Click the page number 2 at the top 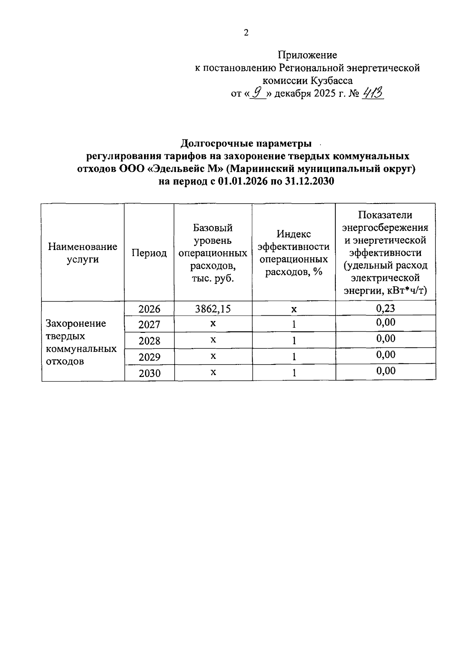click(246, 33)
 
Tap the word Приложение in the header click(307, 55)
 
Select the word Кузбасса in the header click(332, 81)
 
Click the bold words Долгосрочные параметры click(246, 144)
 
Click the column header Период click(149, 253)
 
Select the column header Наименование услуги click(82, 253)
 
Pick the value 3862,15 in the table click(213, 309)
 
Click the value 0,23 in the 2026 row click(385, 309)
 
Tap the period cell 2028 click(149, 341)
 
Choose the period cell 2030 click(149, 373)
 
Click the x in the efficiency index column click(294, 309)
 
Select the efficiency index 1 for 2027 click(294, 325)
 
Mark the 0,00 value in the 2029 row click(385, 355)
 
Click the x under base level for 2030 click(213, 373)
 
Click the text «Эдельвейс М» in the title click(186, 169)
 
